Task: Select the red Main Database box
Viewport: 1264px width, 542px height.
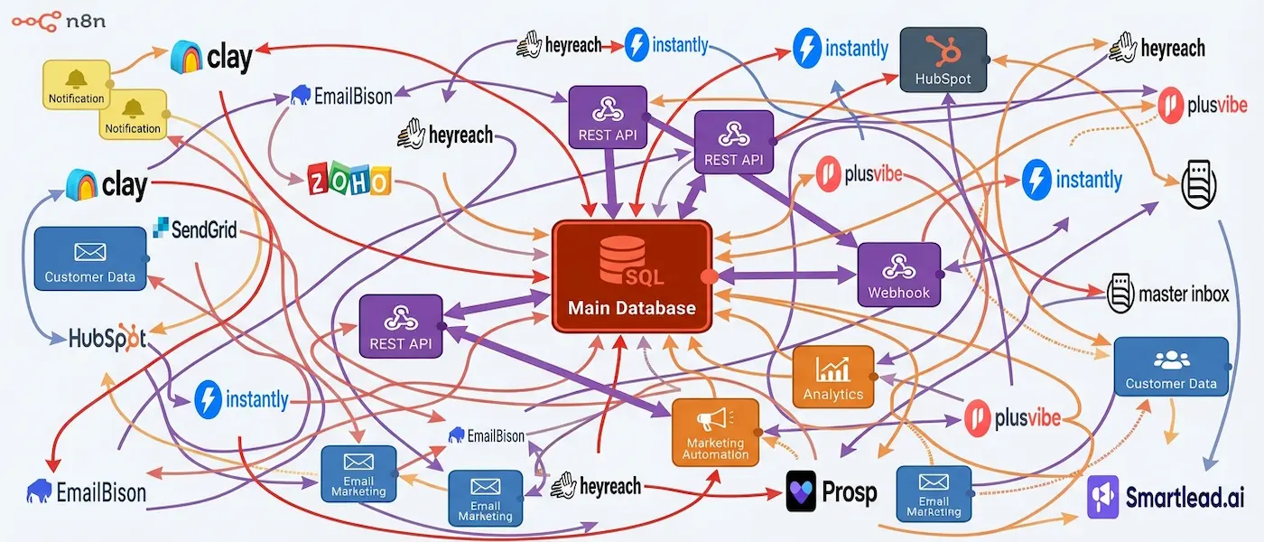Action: [x=632, y=276]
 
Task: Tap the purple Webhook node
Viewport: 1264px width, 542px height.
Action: [x=898, y=276]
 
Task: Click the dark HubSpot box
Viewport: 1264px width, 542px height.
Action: [x=943, y=60]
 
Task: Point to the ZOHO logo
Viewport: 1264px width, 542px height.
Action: [x=349, y=180]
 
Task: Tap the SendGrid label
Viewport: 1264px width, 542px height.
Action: [x=196, y=229]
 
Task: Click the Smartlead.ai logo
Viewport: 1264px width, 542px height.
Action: [x=1158, y=496]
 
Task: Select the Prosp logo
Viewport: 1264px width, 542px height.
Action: [x=832, y=491]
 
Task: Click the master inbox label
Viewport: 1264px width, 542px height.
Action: [x=1168, y=293]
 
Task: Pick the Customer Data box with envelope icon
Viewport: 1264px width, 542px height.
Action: [x=89, y=259]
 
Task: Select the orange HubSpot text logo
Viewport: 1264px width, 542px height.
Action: [x=107, y=338]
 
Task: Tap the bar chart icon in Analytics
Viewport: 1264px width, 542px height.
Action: [x=832, y=368]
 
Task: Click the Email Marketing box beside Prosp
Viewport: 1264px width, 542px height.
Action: [x=934, y=493]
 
